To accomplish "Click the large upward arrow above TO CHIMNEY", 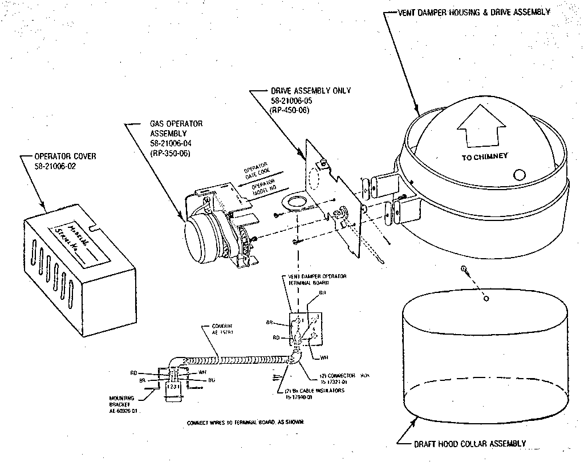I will tap(481, 131).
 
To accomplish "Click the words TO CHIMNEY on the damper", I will tap(484, 156).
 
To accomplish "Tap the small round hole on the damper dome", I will tap(518, 174).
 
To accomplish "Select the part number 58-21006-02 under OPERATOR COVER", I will tap(55, 166).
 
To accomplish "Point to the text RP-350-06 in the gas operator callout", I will tap(170, 154).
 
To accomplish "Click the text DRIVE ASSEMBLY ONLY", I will tap(311, 90).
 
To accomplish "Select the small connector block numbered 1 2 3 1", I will tap(171, 387).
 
